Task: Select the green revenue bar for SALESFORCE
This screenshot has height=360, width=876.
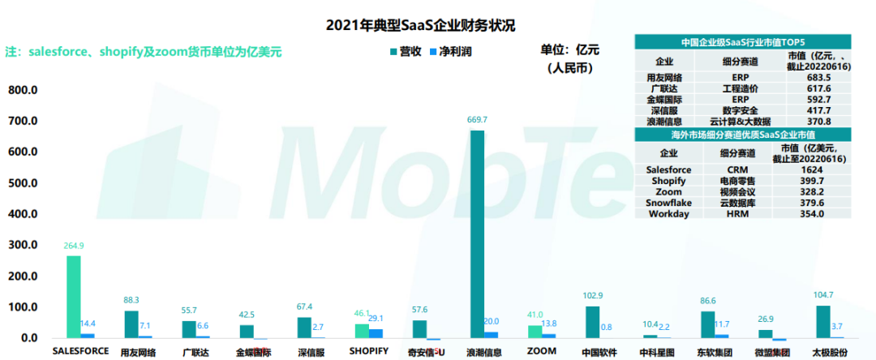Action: click(73, 296)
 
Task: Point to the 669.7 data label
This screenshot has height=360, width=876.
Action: click(478, 121)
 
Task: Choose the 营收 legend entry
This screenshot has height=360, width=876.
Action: click(405, 51)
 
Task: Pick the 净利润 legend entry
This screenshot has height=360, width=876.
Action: click(450, 51)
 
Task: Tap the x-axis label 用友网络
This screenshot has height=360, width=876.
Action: click(138, 352)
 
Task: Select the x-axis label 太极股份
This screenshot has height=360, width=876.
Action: click(829, 352)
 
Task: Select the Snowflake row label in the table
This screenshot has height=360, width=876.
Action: click(668, 203)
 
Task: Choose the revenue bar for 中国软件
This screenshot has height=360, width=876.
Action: click(593, 322)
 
